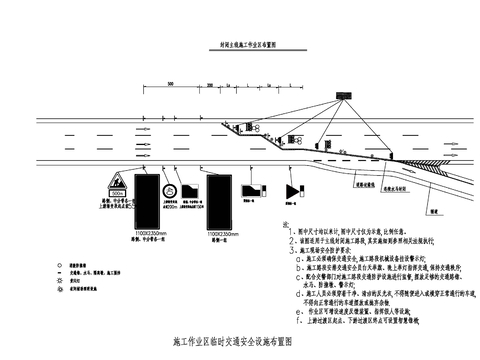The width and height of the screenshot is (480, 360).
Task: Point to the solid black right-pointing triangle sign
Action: [x=292, y=190]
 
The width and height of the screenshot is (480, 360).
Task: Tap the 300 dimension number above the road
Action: [x=172, y=83]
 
